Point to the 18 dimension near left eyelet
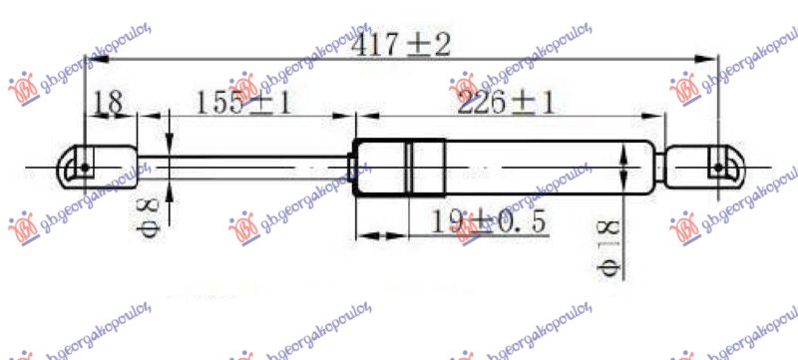coord(109,102)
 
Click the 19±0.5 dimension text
coord(490,223)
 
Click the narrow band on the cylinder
coord(411,167)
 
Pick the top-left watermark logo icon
coord(22,88)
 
